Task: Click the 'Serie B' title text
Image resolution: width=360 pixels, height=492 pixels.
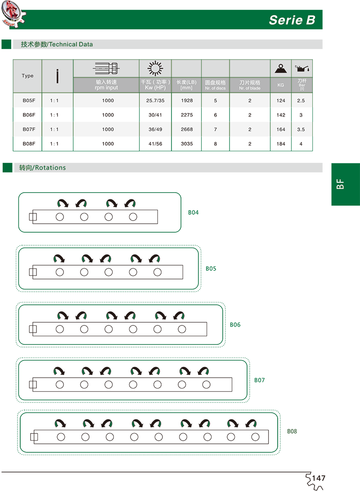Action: coord(292,20)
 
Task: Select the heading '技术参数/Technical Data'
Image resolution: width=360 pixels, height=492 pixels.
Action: coord(57,45)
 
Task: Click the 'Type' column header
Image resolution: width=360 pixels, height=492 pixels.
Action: coord(27,76)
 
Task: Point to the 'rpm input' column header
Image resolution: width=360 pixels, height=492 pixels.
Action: coord(106,85)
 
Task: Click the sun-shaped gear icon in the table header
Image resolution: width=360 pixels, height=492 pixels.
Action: coord(155,68)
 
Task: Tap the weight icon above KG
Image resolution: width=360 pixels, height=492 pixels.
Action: coord(281,68)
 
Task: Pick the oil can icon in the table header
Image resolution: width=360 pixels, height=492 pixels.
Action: coord(301,68)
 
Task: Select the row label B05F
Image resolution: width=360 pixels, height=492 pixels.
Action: coord(28,100)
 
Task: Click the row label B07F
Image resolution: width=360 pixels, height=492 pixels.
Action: coord(28,129)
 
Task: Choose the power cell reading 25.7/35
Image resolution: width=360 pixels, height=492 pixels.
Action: coord(155,100)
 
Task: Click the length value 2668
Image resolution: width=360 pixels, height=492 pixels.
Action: coord(187,129)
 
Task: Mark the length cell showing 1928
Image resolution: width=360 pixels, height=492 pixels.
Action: coord(187,100)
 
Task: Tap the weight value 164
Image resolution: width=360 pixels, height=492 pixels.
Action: coord(281,129)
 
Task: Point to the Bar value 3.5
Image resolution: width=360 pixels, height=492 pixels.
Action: coord(301,129)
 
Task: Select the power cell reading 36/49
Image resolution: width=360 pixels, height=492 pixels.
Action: coord(155,129)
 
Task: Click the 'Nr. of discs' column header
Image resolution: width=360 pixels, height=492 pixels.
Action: coord(216,85)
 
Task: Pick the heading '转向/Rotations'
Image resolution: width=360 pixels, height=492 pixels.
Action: coord(42,167)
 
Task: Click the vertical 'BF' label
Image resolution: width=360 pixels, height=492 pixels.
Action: coord(340,184)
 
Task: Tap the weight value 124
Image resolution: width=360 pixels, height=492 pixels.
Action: coord(281,100)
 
